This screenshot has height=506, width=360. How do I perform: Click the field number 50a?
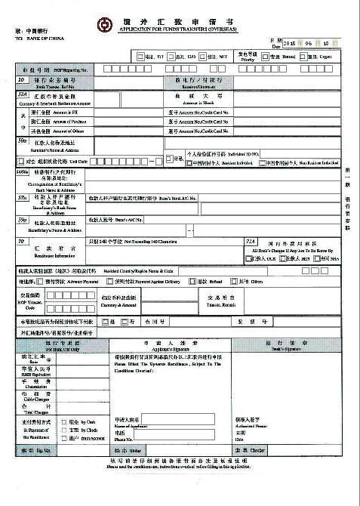point(22,140)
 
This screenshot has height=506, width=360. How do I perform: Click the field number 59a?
point(22,220)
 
